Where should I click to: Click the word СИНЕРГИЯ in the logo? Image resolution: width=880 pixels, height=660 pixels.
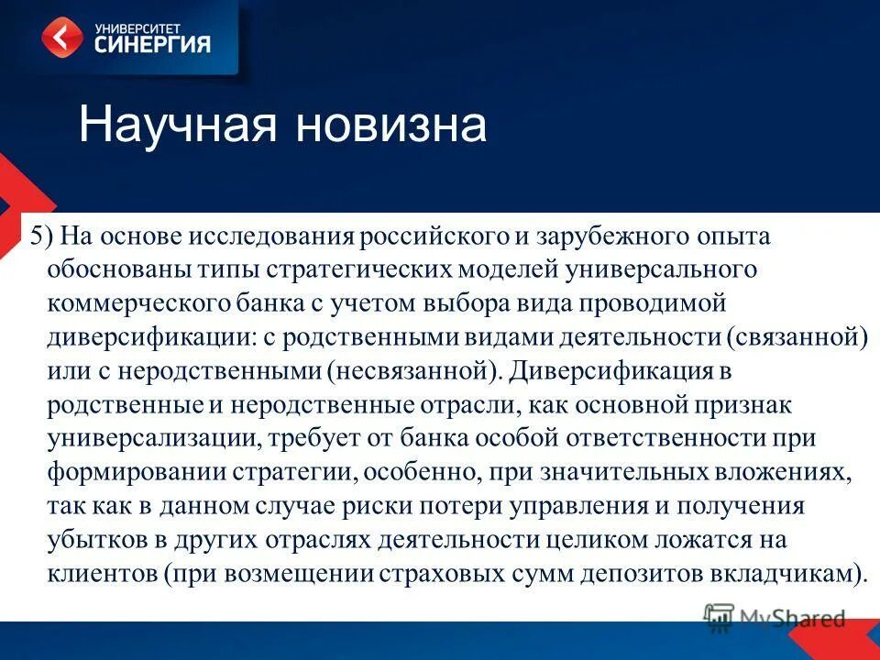click(x=153, y=44)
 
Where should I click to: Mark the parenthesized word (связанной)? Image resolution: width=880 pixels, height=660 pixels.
click(x=797, y=336)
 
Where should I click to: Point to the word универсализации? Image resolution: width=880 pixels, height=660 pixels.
click(x=152, y=438)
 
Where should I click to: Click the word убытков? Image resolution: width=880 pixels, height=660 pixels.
click(x=88, y=539)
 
